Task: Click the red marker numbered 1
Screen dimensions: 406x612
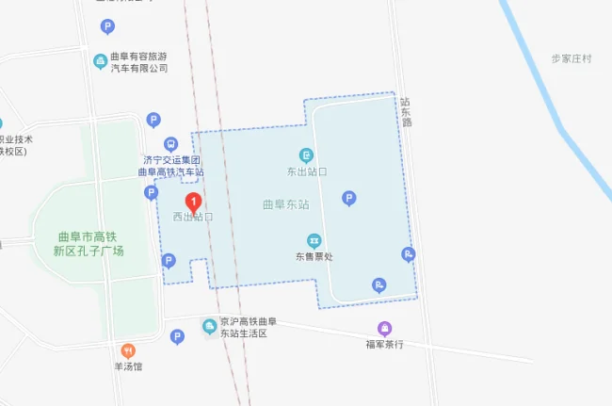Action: (194, 202)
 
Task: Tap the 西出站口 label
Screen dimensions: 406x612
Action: (192, 217)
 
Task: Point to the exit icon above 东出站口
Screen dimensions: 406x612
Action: (306, 155)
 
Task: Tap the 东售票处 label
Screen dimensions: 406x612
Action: (314, 256)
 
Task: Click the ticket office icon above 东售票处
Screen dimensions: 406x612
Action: (314, 240)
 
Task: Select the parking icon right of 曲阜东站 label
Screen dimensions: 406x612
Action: (349, 199)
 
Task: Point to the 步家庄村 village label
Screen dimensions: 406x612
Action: (572, 58)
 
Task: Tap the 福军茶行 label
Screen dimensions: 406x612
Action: (384, 344)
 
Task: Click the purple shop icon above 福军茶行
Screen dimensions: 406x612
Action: (384, 328)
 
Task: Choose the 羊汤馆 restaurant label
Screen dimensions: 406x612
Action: (129, 366)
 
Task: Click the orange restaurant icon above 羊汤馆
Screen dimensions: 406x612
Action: (129, 350)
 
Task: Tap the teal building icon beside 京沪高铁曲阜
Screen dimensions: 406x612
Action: (210, 327)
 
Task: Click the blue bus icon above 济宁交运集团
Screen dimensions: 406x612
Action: (170, 144)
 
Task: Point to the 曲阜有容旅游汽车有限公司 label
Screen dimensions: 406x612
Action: (139, 62)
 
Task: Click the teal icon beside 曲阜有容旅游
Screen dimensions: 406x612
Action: (100, 61)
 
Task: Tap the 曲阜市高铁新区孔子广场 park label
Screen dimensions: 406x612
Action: (90, 244)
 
